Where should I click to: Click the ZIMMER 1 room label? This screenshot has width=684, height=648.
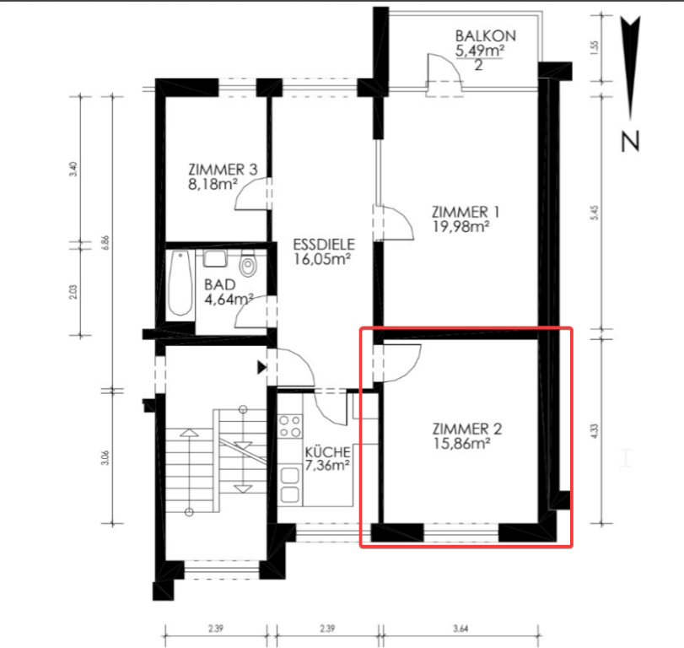tap(466, 212)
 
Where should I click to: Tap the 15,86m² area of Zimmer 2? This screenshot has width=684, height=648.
tap(461, 444)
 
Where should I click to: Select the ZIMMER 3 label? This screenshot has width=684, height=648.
tap(223, 170)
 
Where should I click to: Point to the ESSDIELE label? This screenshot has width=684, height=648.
tap(324, 245)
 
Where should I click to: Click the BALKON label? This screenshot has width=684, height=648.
tap(486, 35)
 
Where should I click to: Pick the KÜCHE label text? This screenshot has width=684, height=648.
tap(327, 451)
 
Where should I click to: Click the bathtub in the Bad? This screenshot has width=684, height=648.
tap(180, 283)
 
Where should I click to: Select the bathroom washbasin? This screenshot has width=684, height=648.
tap(215, 258)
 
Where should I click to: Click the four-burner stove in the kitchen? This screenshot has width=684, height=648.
tap(290, 426)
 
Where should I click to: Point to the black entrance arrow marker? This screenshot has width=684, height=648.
tap(261, 367)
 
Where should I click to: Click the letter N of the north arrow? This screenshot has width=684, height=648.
tap(630, 142)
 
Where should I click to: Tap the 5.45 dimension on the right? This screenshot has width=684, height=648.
tap(595, 213)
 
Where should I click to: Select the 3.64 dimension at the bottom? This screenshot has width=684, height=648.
tap(460, 629)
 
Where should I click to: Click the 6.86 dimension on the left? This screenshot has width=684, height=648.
tap(105, 243)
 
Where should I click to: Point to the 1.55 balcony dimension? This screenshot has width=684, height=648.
tap(595, 46)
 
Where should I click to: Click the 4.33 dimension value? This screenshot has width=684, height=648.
tap(594, 431)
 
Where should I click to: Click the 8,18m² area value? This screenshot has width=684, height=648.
tap(213, 184)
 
